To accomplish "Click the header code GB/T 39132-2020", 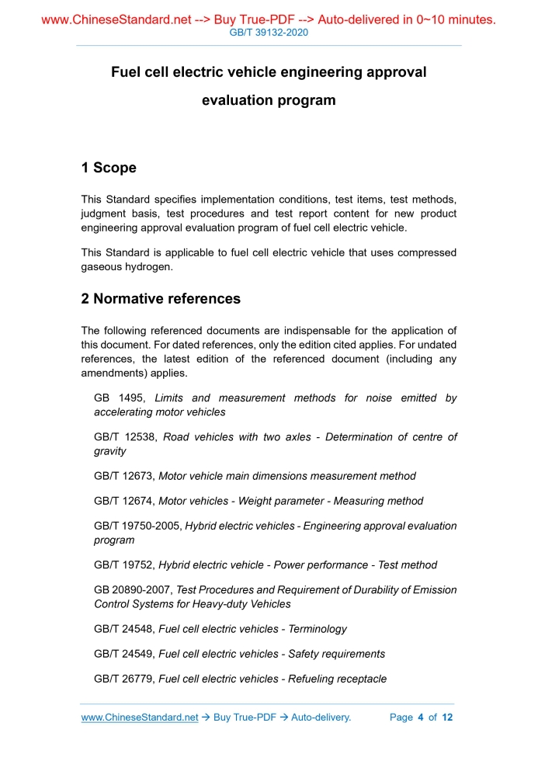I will coord(269,33).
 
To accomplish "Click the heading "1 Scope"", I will coord(109,168).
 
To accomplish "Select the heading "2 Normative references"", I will coord(161,299).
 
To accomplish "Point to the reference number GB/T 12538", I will coord(124,437).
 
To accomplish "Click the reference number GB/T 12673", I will coord(124,476).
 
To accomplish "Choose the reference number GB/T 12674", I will coord(124,501).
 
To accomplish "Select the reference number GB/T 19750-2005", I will coord(137,526).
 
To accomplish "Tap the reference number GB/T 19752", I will coord(124,565).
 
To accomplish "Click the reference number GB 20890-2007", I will coord(133,590).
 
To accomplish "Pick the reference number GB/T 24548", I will coord(124,629).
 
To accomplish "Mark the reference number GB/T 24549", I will coord(124,654).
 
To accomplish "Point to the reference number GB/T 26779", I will coord(124,679).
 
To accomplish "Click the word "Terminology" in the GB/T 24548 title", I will coord(317,629).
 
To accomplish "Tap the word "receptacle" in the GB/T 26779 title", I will coord(359,679).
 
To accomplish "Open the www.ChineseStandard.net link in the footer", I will coord(140,718).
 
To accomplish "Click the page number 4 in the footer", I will coord(420,718).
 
